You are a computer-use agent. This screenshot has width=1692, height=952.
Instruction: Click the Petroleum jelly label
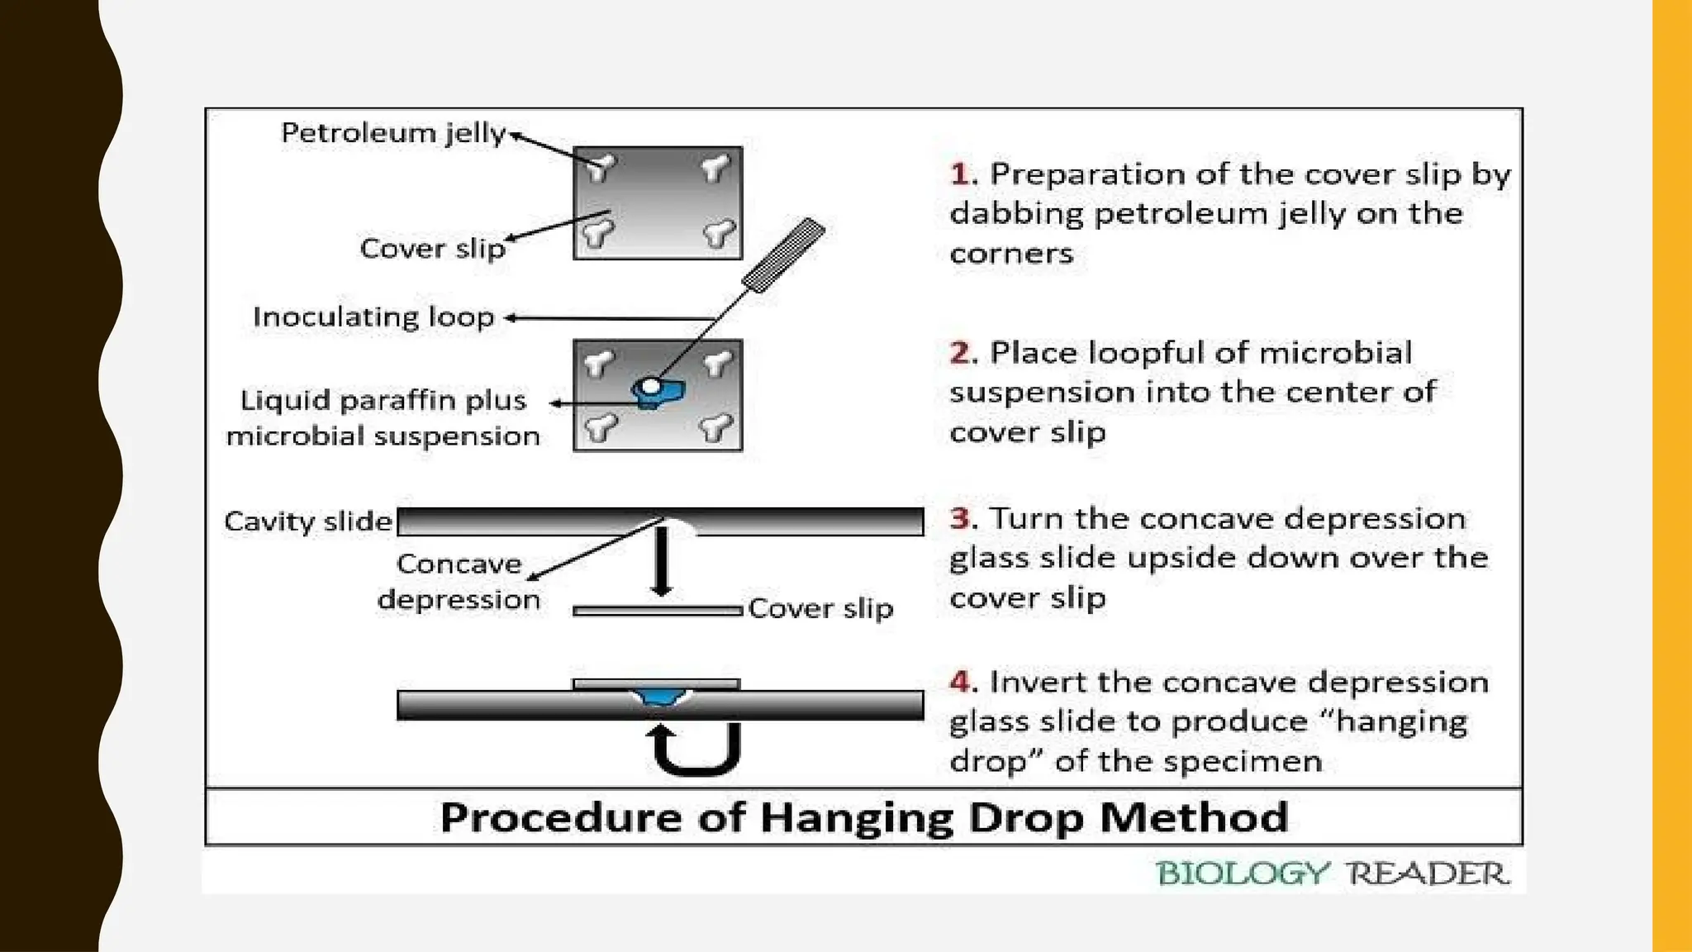pos(393,133)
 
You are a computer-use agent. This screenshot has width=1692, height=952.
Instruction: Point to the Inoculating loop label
pos(373,317)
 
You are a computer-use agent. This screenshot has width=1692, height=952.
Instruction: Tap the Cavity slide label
pos(307,521)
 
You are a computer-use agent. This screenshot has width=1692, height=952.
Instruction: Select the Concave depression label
pos(459,581)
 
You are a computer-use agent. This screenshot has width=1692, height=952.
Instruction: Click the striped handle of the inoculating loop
pos(784,255)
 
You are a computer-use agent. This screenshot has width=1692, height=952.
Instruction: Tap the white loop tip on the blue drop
pos(651,386)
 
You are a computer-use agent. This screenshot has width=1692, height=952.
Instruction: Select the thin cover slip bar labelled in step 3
pos(658,611)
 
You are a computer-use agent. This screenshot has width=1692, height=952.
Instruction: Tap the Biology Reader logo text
pos(1332,873)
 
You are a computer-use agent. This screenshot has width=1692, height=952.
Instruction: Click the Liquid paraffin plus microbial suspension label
pos(383,418)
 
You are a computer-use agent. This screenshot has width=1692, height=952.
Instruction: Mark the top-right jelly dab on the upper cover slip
pos(715,168)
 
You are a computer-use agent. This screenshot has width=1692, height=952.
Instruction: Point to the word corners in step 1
pos(1010,254)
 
